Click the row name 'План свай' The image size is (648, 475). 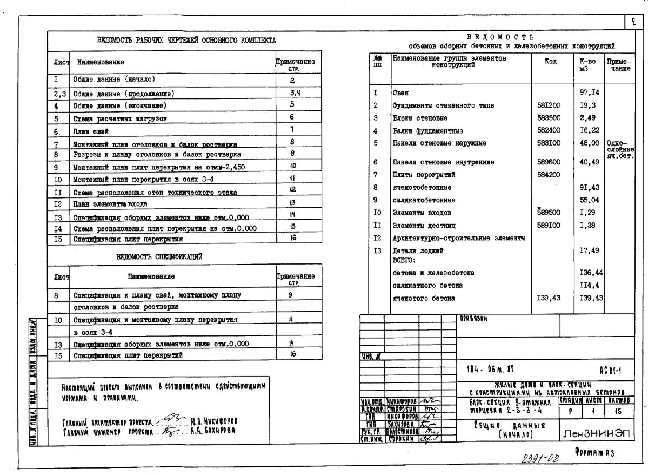91,131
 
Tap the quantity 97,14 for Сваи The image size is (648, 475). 589,93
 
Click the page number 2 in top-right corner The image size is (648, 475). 632,22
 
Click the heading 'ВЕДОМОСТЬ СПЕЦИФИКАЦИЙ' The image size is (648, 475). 159,257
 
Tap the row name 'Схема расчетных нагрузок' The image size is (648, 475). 120,118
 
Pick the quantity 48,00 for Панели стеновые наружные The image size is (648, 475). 589,143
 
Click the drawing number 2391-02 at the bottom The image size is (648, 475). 540,458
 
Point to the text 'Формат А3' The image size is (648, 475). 594,453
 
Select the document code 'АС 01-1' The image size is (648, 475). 610,371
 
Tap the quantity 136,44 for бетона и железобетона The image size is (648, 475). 591,273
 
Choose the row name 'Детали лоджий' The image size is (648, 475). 418,250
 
